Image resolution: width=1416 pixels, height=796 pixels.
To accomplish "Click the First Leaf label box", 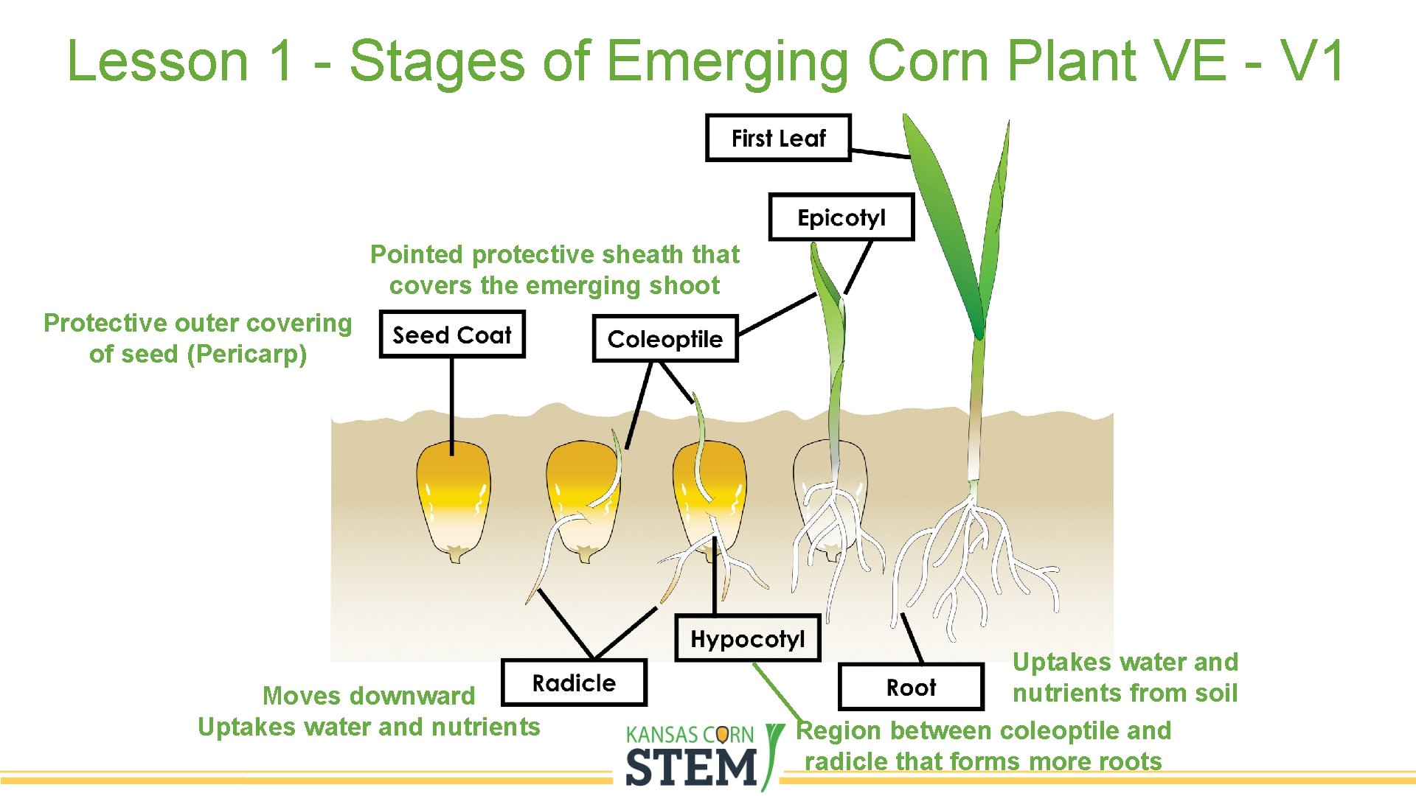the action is (778, 138).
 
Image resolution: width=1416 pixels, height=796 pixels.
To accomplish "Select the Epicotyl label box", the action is (841, 217).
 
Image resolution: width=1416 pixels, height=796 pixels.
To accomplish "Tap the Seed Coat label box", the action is (451, 335).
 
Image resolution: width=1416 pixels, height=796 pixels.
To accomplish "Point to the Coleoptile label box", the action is (664, 339).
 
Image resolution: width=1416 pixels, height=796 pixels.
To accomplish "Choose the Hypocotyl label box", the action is (747, 638).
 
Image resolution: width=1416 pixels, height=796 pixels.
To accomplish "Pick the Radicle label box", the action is (574, 683).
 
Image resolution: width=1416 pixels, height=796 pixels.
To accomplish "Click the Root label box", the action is (911, 688).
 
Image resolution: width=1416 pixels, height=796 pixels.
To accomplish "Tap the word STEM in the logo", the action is (691, 767).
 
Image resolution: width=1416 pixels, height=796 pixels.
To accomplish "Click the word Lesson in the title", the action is (157, 60).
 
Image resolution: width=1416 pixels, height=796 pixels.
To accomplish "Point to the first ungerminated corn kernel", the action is (453, 501).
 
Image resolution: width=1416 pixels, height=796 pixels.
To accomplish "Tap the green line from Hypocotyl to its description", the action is (778, 693).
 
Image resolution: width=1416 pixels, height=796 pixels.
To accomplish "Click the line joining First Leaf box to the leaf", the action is (881, 153).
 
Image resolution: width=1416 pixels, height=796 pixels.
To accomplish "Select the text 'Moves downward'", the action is (369, 696).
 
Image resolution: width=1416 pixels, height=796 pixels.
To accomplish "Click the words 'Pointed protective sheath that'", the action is (555, 255).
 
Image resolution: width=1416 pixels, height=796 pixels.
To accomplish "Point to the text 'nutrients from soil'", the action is (1125, 694).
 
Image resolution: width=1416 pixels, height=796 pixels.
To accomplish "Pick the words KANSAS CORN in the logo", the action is (690, 735).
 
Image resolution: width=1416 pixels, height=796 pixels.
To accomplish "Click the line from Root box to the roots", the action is (912, 638).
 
